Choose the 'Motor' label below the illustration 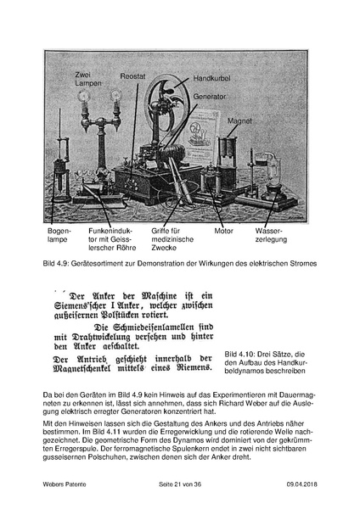point(223,230)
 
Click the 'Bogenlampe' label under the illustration point(59,235)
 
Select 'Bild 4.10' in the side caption point(241,351)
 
